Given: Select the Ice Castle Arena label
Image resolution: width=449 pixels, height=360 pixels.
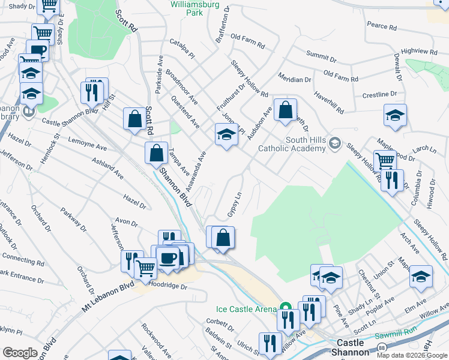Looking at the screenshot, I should coord(247,310).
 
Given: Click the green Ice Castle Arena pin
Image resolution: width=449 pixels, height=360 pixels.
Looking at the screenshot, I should coord(286,305).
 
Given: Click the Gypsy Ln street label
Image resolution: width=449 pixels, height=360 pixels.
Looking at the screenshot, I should coord(234,205).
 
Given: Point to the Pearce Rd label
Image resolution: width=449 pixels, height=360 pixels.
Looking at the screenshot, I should coord(382,26).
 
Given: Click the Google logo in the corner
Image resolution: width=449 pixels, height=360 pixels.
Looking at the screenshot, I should coord(20,352).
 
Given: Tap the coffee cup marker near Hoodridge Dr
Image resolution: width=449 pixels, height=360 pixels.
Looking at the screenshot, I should coord(167,258).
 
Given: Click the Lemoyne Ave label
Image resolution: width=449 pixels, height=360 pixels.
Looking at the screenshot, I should coord(87,145).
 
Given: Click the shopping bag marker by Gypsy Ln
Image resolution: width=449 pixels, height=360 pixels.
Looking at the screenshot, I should coord(223,238).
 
